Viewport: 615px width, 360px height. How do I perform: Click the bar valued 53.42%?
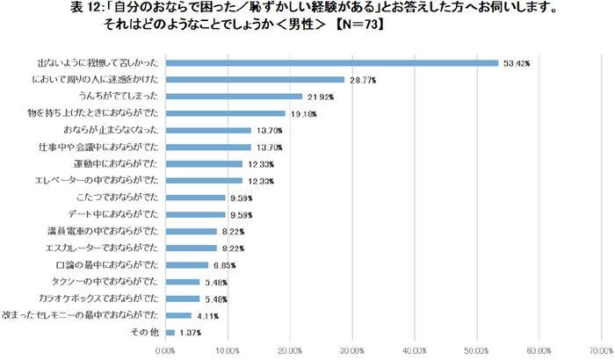331,63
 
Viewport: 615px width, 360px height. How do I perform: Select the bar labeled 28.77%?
255,80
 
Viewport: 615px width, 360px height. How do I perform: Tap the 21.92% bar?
234,97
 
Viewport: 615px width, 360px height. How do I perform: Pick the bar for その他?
170,331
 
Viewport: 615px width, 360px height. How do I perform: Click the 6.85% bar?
186,264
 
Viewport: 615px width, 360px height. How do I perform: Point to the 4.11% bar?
178,314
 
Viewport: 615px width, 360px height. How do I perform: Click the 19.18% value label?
300,113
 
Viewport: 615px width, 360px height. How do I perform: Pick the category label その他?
146,331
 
